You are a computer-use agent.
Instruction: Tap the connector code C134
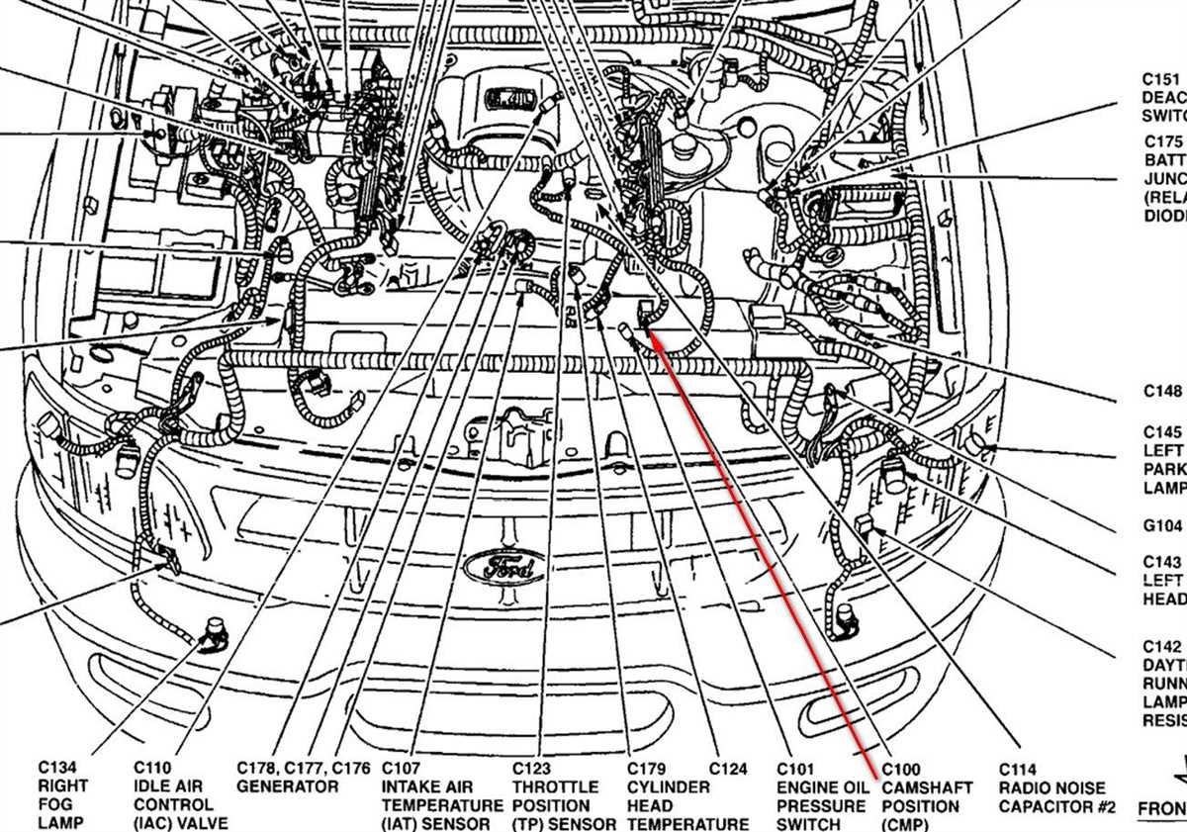tap(57, 768)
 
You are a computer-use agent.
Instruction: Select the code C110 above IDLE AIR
tap(153, 768)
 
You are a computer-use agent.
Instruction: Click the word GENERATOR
tap(288, 786)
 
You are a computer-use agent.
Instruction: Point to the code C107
tap(402, 768)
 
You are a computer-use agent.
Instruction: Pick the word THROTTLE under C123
tap(555, 786)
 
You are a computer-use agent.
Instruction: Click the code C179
tap(647, 768)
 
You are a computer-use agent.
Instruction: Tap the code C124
tap(728, 768)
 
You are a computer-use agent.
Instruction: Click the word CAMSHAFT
tap(927, 787)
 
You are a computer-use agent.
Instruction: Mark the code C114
tap(1018, 769)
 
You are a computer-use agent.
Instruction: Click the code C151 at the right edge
tap(1162, 79)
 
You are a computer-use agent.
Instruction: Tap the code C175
tap(1163, 141)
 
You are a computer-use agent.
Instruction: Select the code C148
tap(1163, 391)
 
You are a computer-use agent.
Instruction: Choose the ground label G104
tap(1163, 525)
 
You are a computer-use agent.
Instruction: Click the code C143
tap(1163, 561)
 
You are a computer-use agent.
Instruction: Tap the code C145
tap(1163, 432)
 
